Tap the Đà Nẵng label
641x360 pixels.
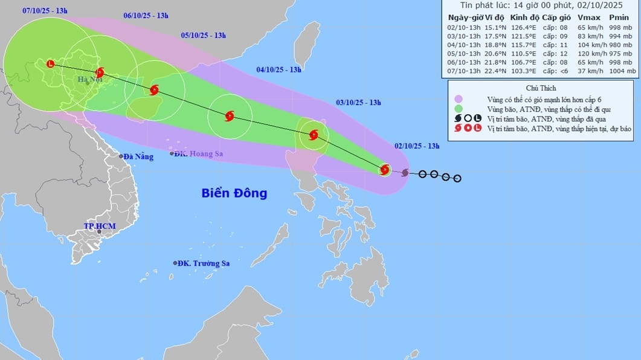(139, 156)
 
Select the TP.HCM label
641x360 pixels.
(100, 227)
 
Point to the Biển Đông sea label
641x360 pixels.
(234, 193)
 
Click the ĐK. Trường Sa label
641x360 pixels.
(205, 263)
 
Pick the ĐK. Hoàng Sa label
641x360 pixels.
(199, 154)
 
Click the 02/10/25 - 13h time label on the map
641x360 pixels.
(417, 146)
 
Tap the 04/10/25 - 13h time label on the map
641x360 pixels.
(279, 69)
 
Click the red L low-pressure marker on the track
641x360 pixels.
(50, 63)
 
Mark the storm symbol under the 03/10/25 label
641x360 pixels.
(314, 135)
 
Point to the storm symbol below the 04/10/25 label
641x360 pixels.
(230, 116)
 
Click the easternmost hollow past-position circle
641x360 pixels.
(457, 178)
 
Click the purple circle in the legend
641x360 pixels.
(459, 99)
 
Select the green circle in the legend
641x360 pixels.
(459, 109)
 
